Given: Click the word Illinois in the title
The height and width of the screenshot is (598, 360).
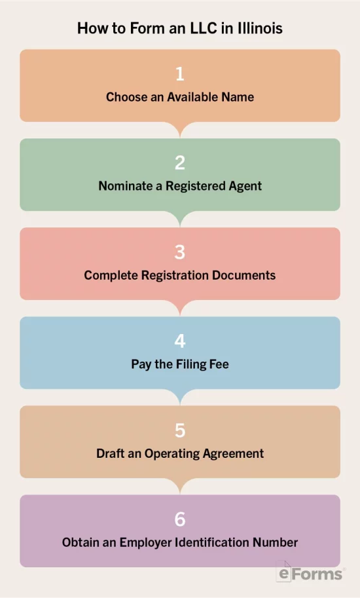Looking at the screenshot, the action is pyautogui.click(x=261, y=28).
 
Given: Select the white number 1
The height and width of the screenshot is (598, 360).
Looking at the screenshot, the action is pyautogui.click(x=180, y=73).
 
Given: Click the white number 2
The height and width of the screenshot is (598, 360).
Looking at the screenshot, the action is pyautogui.click(x=180, y=163).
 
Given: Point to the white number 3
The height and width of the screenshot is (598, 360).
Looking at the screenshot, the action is pyautogui.click(x=180, y=252).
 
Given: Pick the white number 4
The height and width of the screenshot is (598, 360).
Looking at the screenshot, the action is pyautogui.click(x=180, y=341).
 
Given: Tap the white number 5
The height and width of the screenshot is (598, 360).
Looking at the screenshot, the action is pyautogui.click(x=180, y=430).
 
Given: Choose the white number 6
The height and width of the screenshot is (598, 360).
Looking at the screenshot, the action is pyautogui.click(x=180, y=519).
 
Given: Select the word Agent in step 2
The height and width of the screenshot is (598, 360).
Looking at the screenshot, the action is pyautogui.click(x=245, y=186).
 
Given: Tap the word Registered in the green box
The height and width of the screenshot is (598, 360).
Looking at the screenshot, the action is pyautogui.click(x=196, y=186).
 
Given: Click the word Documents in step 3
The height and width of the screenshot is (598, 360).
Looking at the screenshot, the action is pyautogui.click(x=243, y=275).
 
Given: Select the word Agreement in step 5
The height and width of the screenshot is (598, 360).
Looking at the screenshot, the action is pyautogui.click(x=233, y=453).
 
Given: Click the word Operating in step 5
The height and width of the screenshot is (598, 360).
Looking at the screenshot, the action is pyautogui.click(x=171, y=453).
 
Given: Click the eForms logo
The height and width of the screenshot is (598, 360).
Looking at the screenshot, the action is pyautogui.click(x=310, y=572).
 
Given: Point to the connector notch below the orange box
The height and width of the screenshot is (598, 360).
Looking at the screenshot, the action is pyautogui.click(x=180, y=129).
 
